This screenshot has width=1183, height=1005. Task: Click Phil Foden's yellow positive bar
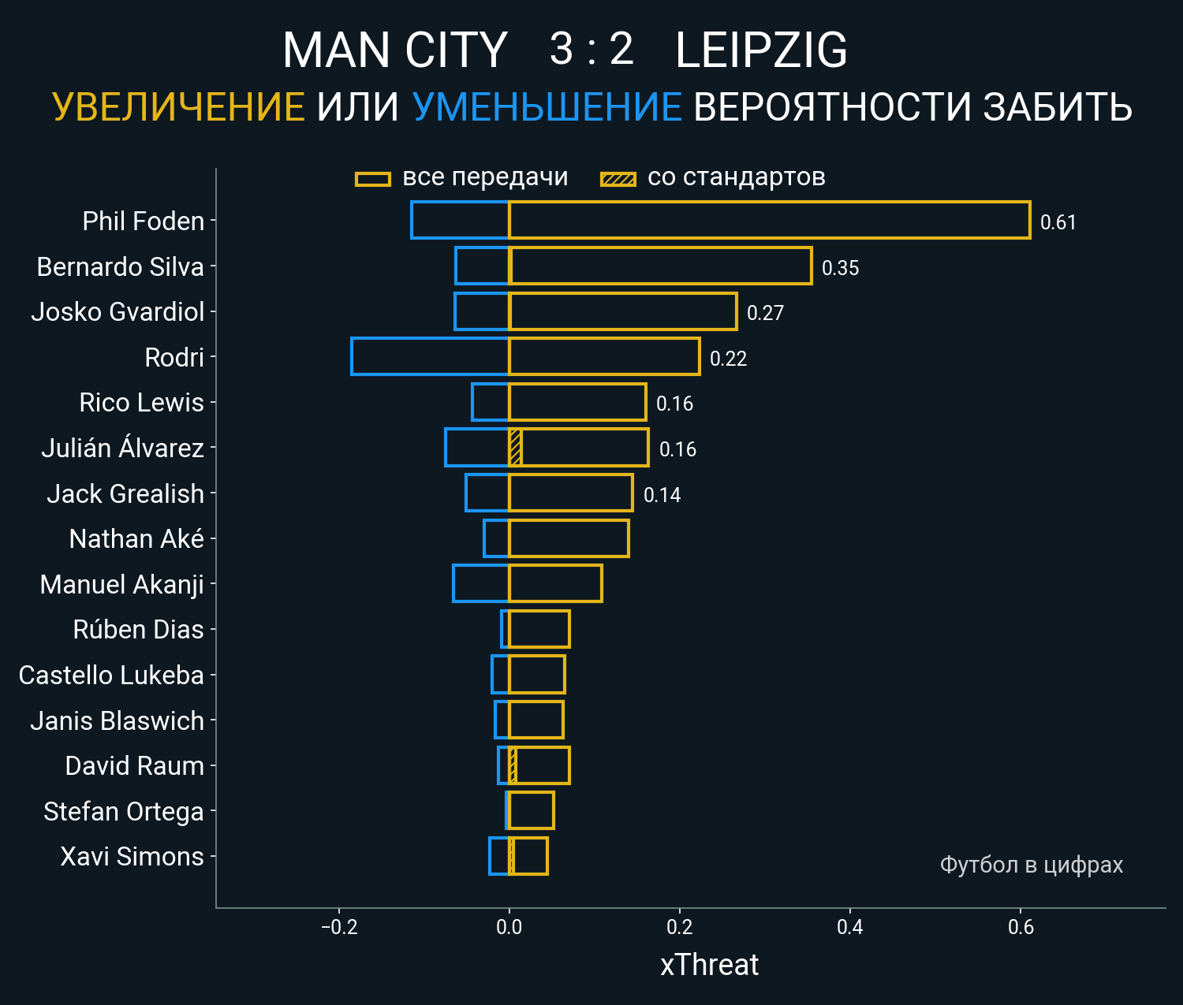click(x=769, y=220)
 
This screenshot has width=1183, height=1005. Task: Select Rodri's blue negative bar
click(x=430, y=356)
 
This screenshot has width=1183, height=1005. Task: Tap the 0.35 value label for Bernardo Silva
click(x=840, y=268)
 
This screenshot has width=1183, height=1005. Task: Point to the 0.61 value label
click(x=1058, y=222)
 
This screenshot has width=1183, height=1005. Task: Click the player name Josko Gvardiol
click(x=118, y=312)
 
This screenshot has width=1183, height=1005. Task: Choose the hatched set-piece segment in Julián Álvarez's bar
click(x=516, y=448)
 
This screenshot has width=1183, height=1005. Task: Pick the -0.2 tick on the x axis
click(x=339, y=926)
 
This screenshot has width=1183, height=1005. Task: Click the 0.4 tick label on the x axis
click(x=849, y=926)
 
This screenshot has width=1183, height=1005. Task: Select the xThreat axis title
click(x=709, y=965)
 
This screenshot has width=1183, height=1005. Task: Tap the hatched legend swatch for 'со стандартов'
click(x=618, y=179)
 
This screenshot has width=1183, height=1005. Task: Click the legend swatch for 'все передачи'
click(x=373, y=179)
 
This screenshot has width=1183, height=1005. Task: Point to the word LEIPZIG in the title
click(x=761, y=50)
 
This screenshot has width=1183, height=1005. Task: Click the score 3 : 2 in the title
click(x=591, y=50)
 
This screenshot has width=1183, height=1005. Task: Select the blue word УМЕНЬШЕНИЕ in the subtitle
click(x=547, y=107)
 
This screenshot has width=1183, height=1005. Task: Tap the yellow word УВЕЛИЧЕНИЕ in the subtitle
click(x=179, y=107)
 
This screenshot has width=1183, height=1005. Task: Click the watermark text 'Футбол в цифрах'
click(x=1031, y=865)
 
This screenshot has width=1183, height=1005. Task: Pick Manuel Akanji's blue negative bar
click(x=481, y=583)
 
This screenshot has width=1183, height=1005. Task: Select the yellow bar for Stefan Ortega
click(x=532, y=810)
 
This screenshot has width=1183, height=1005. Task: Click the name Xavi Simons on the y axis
click(x=132, y=857)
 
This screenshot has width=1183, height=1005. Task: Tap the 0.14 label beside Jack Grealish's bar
click(x=662, y=495)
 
